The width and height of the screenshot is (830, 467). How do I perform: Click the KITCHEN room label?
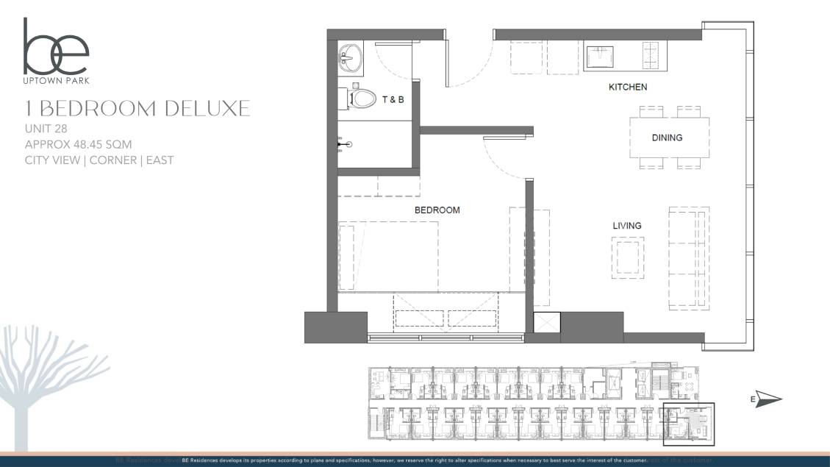pyautogui.click(x=628, y=87)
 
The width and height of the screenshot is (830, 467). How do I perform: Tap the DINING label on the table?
pyautogui.click(x=667, y=138)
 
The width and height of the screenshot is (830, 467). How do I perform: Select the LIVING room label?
pyautogui.click(x=627, y=226)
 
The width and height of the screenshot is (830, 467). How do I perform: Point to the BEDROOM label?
pyautogui.click(x=437, y=210)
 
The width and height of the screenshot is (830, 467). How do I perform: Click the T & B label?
pyautogui.click(x=391, y=99)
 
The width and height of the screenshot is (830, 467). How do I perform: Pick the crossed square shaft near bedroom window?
pyautogui.click(x=547, y=325)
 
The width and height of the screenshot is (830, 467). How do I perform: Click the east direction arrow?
pyautogui.click(x=768, y=399)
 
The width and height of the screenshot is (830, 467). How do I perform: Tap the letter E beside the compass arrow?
pyautogui.click(x=753, y=399)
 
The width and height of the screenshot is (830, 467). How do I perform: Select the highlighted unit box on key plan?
pyautogui.click(x=689, y=424)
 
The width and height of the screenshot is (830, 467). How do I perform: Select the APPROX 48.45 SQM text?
pyautogui.click(x=78, y=144)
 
